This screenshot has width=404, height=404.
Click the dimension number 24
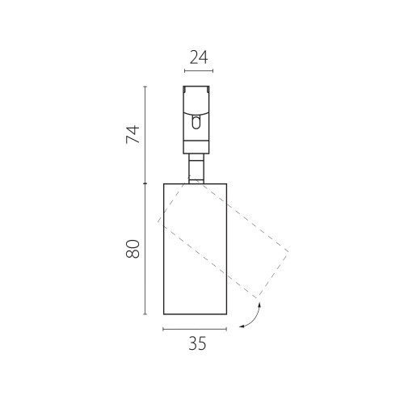point(199,57)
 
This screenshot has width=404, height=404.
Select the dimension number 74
point(133,134)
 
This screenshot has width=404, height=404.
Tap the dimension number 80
point(133,249)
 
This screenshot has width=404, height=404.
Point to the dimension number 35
point(197,343)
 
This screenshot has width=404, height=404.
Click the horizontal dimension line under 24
point(199,71)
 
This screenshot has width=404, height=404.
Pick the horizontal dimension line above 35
point(195,329)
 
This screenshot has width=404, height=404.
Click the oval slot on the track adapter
point(196,122)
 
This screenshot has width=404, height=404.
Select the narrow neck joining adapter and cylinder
point(196,169)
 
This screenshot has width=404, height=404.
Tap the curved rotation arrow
point(255,318)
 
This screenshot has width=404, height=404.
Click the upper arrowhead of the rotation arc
point(259,305)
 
